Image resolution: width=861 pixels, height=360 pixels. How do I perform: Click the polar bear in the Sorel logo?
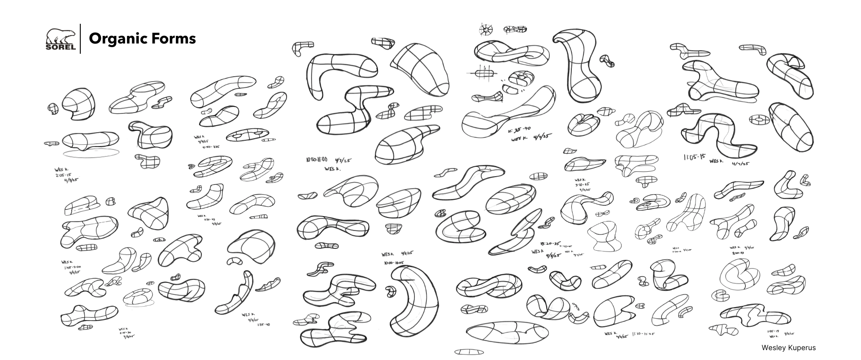[x=60, y=36]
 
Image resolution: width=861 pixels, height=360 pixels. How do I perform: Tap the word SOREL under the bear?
[x=60, y=46]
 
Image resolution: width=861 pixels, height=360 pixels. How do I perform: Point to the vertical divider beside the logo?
[x=80, y=39]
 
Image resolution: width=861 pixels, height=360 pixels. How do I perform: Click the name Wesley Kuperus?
[x=788, y=347]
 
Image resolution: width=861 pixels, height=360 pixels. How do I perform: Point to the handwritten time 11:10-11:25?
[x=643, y=334]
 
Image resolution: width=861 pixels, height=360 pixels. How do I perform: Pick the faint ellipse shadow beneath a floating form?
[x=91, y=153]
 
